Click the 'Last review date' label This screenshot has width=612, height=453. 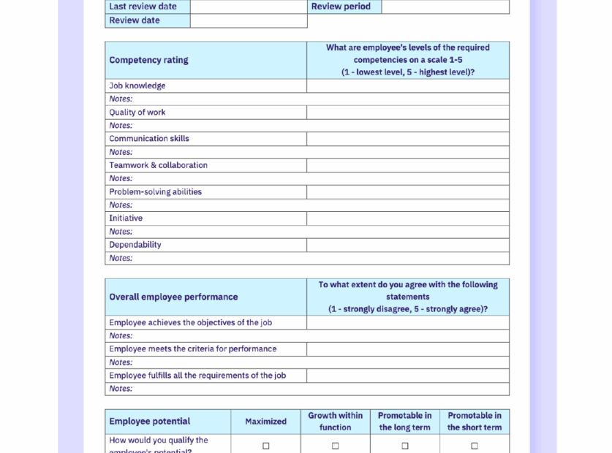[143, 7]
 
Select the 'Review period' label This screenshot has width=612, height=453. [341, 7]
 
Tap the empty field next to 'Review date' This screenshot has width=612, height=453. [249, 20]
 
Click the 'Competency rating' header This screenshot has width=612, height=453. [149, 60]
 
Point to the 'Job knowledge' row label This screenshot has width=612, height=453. [137, 85]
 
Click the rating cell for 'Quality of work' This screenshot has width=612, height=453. [407, 113]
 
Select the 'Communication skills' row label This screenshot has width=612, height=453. [149, 139]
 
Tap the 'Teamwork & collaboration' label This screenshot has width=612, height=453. [159, 165]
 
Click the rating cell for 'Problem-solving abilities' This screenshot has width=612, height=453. [407, 192]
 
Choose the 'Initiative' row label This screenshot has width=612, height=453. [126, 218]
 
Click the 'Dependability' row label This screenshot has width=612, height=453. [135, 245]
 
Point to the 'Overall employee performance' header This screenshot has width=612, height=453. [173, 297]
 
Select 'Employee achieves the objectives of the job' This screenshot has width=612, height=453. [191, 322]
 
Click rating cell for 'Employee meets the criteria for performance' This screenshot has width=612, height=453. [407, 349]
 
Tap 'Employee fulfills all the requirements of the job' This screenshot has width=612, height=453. [197, 376]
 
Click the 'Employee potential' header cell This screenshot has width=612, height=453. [150, 422]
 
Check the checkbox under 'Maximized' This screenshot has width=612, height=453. [265, 446]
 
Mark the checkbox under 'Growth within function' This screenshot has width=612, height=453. [335, 446]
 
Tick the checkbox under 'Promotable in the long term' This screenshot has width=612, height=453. [404, 446]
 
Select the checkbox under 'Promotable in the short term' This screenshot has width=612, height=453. [474, 446]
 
